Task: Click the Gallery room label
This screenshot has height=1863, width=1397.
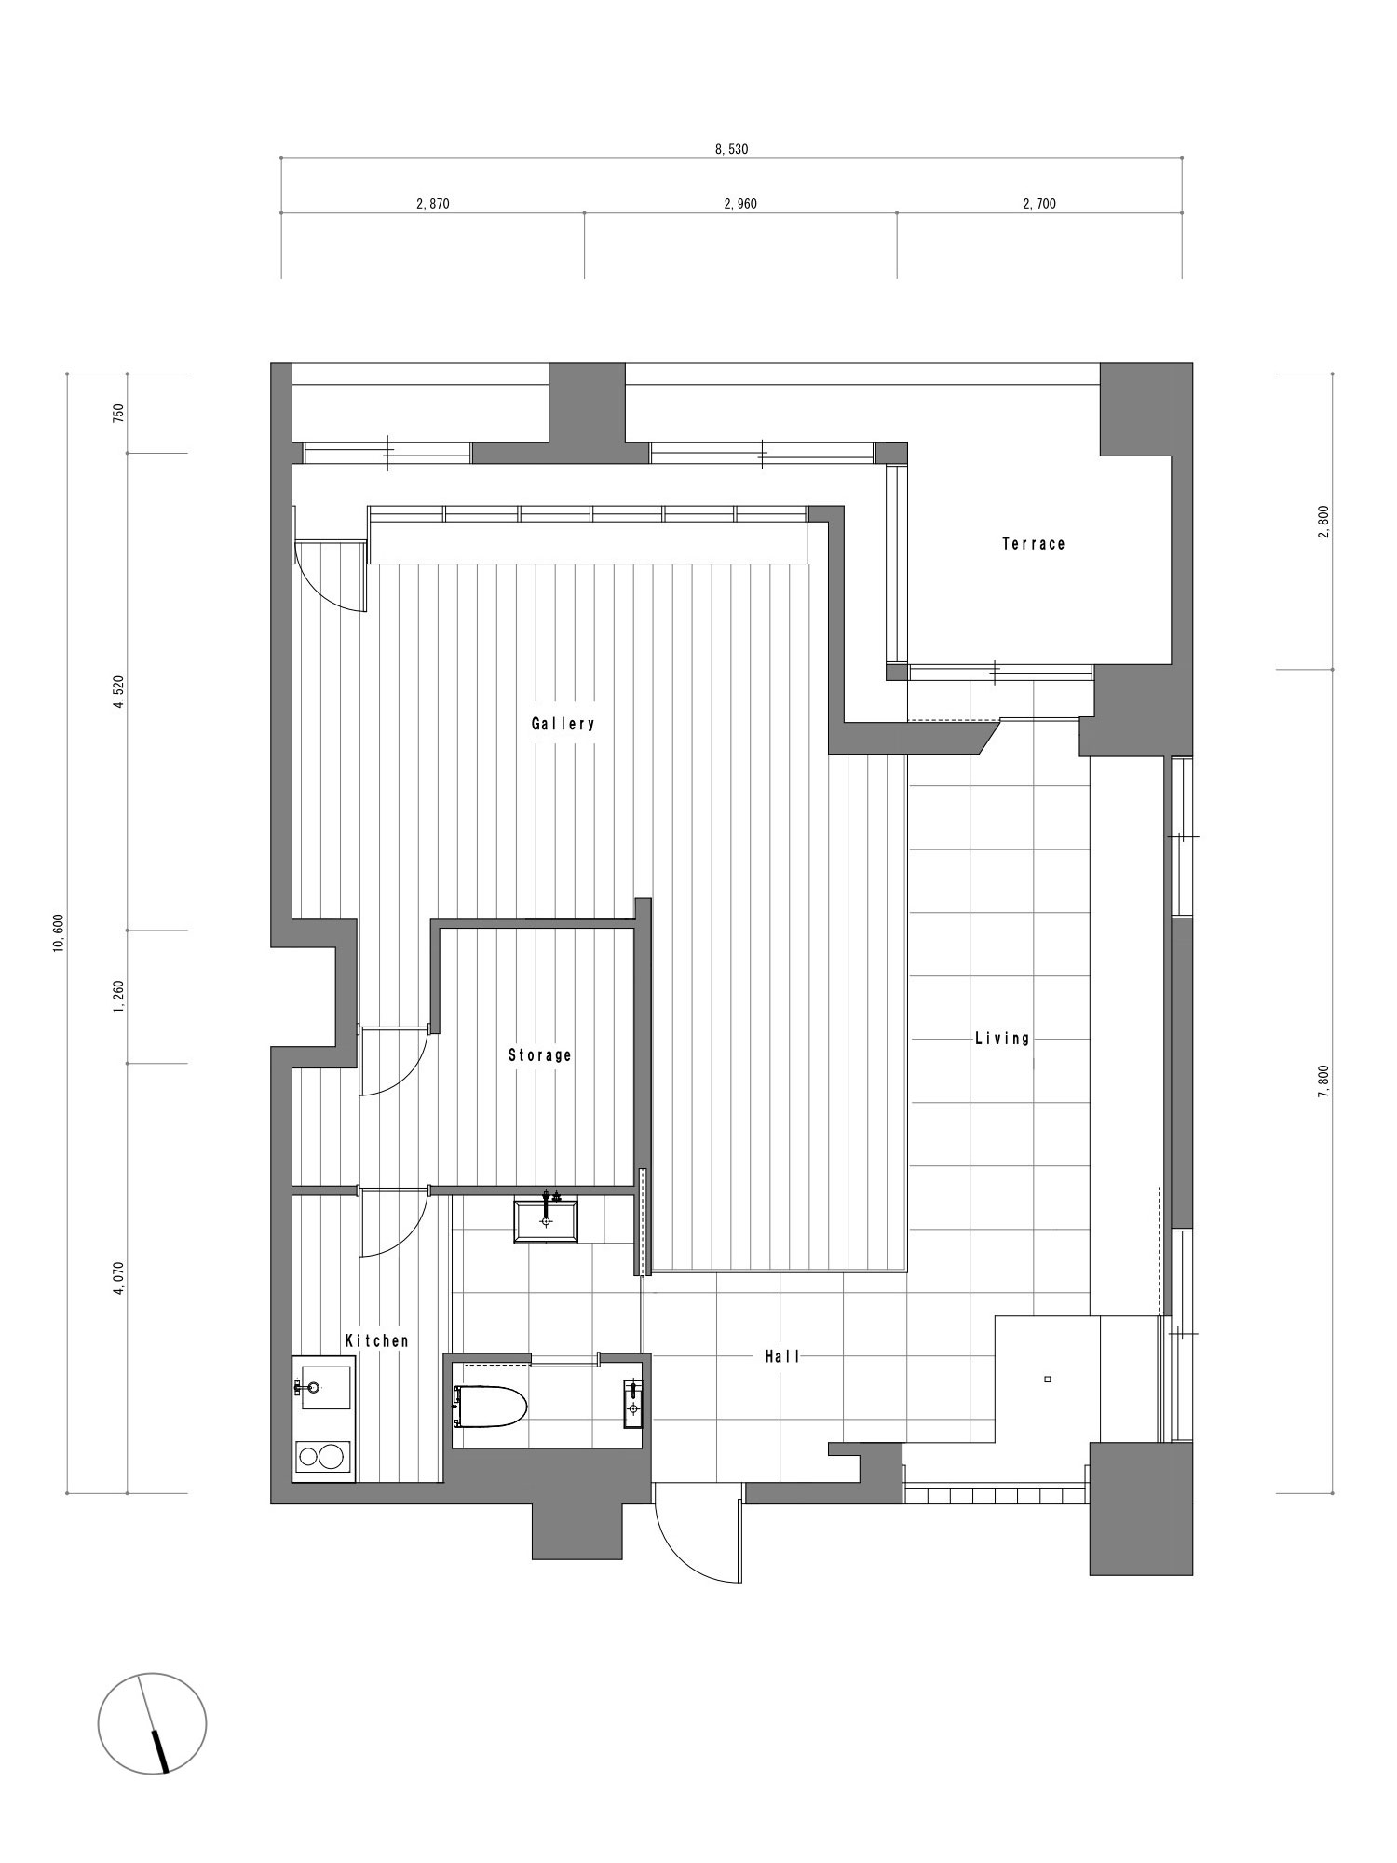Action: (x=563, y=724)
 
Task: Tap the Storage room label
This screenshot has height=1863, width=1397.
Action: (x=539, y=1055)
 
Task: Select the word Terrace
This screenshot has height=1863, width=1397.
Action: (x=1033, y=543)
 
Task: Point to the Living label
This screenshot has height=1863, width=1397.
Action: (x=1002, y=1038)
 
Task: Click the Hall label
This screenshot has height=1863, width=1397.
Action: (x=782, y=1357)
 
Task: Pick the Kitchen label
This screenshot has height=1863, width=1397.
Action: (x=376, y=1341)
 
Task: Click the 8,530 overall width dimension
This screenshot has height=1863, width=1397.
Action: (x=731, y=149)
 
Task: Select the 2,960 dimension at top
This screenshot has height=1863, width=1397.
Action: (x=740, y=204)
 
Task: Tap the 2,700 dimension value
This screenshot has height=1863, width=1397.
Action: (x=1039, y=204)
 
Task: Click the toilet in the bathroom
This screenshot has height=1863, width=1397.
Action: (x=490, y=1407)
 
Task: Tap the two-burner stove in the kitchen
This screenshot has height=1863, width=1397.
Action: (x=323, y=1456)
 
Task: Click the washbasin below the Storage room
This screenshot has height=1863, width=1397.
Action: (x=546, y=1220)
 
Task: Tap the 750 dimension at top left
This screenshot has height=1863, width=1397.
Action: (x=117, y=414)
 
